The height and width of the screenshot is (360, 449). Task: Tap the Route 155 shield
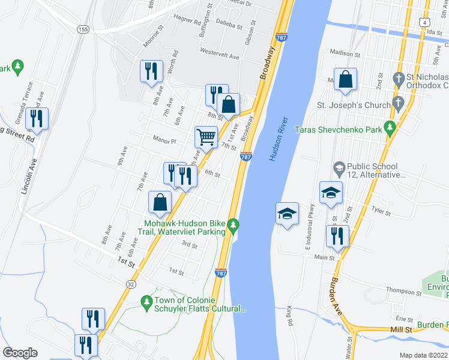pos(83,29)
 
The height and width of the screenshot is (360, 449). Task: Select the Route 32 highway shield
pos(130,282)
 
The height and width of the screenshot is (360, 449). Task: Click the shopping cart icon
pos(206,137)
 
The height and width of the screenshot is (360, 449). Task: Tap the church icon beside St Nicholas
pos(397,79)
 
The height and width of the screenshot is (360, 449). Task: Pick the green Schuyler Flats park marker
pos(145,300)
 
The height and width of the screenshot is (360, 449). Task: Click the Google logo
pos(20,353)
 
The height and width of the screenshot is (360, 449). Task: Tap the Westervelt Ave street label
pos(220,52)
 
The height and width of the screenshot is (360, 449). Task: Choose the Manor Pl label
pos(164,142)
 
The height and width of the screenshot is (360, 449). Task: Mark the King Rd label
pos(290,312)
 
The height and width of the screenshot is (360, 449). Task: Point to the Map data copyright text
pos(424,355)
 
